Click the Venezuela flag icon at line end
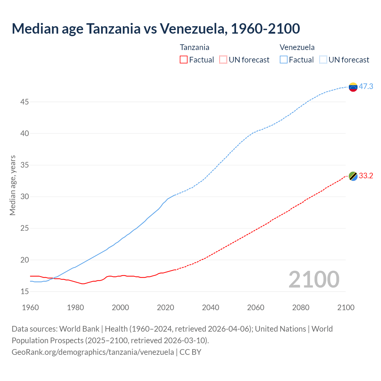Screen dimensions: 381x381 click(353, 87)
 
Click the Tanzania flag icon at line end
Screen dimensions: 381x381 click(353, 176)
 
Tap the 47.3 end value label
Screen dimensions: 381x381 click(366, 86)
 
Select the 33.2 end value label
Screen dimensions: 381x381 click(366, 176)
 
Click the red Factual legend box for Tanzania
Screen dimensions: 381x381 click(184, 60)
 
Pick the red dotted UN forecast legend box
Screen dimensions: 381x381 click(223, 60)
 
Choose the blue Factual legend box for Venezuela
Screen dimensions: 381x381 click(284, 60)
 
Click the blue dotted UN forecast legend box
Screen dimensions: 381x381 click(323, 60)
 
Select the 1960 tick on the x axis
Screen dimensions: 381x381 click(30, 307)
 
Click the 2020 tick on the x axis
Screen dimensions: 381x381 click(165, 307)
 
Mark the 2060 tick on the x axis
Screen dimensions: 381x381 click(256, 307)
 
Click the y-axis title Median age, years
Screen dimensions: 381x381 click(13, 185)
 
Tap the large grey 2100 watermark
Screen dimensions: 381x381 click(314, 279)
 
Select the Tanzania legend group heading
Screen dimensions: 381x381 click(194, 47)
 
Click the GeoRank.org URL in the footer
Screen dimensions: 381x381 click(93, 352)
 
